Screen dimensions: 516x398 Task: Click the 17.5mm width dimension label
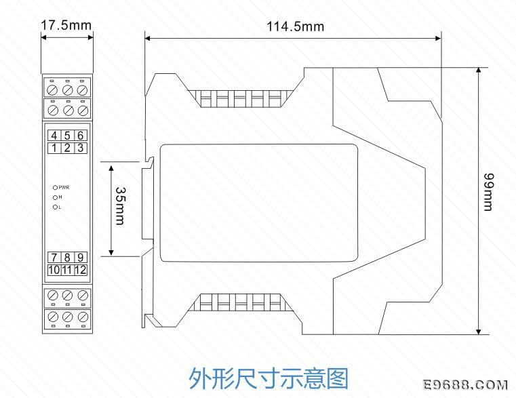tap(66, 25)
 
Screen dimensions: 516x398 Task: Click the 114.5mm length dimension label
tap(295, 26)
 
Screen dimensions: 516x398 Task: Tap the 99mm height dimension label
tap(488, 192)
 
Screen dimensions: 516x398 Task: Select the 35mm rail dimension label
tap(120, 206)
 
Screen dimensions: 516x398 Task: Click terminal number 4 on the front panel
tap(54, 136)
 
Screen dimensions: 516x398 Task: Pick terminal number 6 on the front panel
tap(80, 136)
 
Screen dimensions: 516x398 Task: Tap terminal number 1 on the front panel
tap(54, 148)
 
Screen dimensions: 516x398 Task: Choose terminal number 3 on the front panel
tap(80, 148)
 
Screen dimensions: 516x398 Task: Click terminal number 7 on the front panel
tap(54, 258)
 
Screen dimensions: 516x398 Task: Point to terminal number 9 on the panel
tap(80, 258)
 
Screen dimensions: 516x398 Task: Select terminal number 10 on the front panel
tap(54, 271)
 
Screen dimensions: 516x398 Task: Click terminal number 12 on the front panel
tap(80, 271)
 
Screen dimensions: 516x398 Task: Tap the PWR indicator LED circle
tap(56, 188)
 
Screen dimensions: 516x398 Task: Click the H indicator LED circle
tap(56, 197)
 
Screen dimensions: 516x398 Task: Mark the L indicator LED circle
tap(56, 207)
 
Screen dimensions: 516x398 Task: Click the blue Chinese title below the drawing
tap(269, 378)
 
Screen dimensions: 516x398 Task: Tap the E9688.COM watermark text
tap(464, 385)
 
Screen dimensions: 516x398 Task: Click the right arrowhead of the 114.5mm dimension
tap(438, 39)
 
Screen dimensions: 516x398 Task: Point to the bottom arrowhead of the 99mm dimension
tap(479, 331)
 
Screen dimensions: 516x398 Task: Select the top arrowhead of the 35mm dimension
tap(111, 169)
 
